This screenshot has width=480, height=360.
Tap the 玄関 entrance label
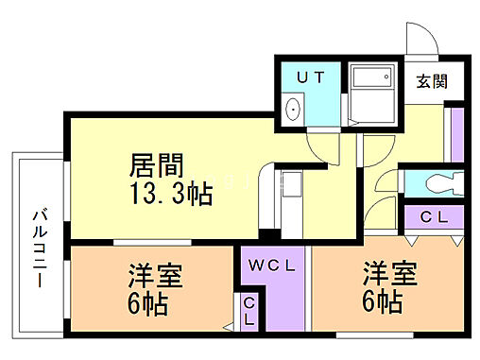click(431, 81)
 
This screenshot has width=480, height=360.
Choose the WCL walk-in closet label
click(273, 266)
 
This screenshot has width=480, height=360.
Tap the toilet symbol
click(440, 182)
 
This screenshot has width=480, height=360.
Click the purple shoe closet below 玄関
click(454, 132)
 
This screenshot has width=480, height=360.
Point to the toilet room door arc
click(385, 184)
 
